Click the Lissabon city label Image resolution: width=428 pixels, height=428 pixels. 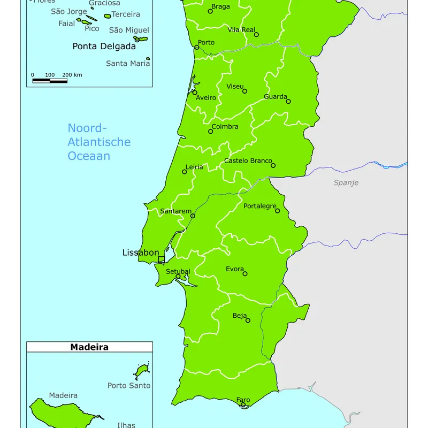click(x=141, y=253)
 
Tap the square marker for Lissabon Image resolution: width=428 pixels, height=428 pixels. click(x=161, y=260)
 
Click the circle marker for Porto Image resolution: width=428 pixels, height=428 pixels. click(x=197, y=48)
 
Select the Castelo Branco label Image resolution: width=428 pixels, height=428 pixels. click(x=248, y=160)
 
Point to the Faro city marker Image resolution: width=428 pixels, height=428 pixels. click(x=243, y=405)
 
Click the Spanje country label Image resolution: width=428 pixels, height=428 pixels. click(x=346, y=182)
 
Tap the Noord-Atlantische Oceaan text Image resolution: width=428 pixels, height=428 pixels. click(x=98, y=142)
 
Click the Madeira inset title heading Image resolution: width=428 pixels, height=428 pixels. click(x=89, y=347)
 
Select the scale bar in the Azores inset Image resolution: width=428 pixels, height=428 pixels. click(x=50, y=81)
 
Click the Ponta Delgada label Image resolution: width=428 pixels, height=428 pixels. click(x=104, y=47)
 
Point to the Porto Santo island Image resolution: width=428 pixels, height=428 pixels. click(x=142, y=370)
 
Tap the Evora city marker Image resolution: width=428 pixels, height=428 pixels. click(x=245, y=274)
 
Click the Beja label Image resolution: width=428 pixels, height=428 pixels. click(x=240, y=316)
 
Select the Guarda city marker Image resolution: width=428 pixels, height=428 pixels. click(x=288, y=101)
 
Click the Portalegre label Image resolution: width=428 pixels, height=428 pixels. click(x=260, y=206)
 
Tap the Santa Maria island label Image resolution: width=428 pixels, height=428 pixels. click(x=128, y=63)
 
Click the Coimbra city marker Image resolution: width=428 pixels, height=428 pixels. click(x=211, y=132)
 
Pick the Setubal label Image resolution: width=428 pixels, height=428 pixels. click(x=178, y=272)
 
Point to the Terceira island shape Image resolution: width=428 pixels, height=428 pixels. click(x=107, y=17)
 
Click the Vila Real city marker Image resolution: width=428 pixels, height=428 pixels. click(x=256, y=35)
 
